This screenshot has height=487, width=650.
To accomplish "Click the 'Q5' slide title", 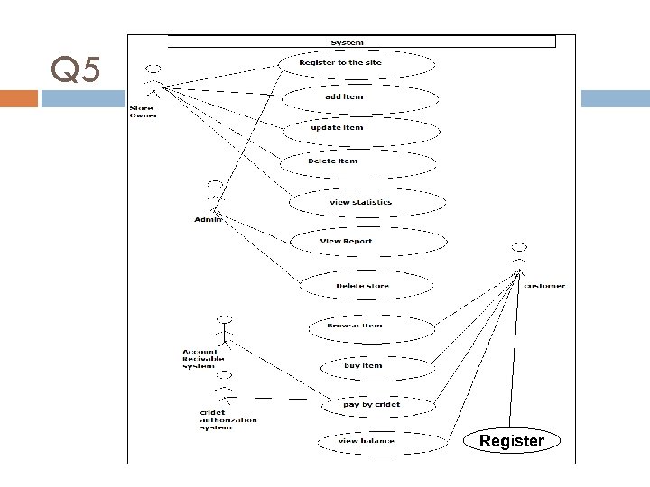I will pyautogui.click(x=79, y=69).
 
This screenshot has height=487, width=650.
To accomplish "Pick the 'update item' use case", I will pyautogui.click(x=360, y=128).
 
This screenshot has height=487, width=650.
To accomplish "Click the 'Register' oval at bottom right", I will pyautogui.click(x=512, y=441).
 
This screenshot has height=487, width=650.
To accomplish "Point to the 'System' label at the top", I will pyautogui.click(x=348, y=42).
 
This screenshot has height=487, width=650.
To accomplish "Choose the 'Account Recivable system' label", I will pyautogui.click(x=199, y=359).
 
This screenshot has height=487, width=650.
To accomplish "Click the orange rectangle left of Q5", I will pyautogui.click(x=19, y=97).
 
